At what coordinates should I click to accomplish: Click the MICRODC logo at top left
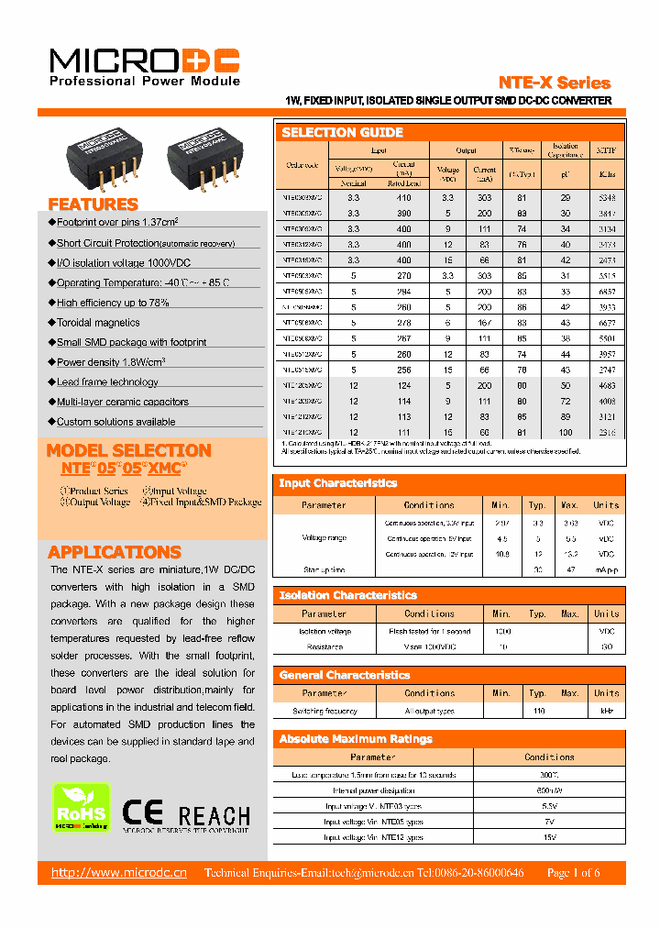(144, 61)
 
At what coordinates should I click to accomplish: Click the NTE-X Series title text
(555, 83)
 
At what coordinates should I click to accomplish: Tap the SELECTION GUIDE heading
(342, 133)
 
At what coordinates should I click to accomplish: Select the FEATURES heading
(93, 204)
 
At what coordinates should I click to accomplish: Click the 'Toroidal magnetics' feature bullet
(98, 323)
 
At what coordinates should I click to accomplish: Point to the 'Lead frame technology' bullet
(107, 382)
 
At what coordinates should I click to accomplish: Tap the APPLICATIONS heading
(114, 552)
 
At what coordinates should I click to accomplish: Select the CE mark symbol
(143, 813)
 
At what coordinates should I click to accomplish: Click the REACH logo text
(214, 815)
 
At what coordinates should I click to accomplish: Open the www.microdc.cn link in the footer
(118, 873)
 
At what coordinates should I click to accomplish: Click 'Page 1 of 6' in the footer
(573, 873)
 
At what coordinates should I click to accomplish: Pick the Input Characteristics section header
(337, 483)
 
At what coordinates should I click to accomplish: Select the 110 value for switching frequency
(538, 711)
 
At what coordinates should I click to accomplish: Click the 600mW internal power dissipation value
(549, 790)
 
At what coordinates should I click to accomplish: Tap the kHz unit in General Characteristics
(606, 711)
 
